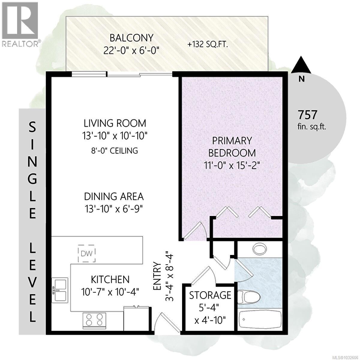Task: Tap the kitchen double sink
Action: tap(60, 289)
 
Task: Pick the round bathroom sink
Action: tap(259, 249)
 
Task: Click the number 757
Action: tap(307, 115)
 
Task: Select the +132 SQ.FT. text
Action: tap(208, 45)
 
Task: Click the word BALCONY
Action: tap(131, 38)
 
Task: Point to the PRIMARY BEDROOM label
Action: tap(232, 147)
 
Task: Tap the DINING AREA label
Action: tap(113, 196)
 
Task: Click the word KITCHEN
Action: tap(110, 279)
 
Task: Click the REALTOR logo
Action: tap(20, 24)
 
